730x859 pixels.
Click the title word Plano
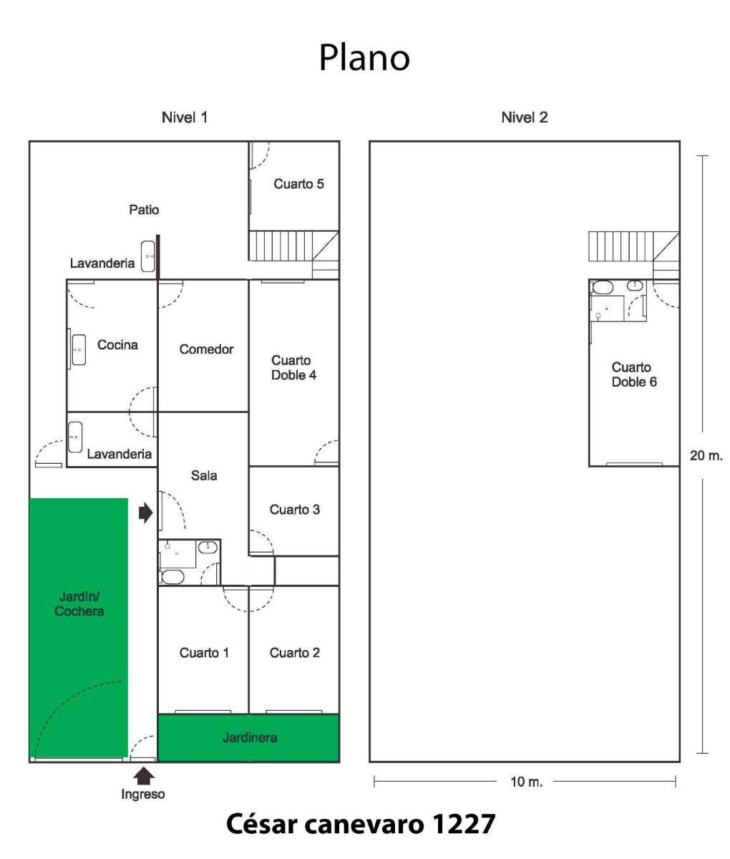coord(364,58)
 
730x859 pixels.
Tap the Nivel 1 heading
coord(185,117)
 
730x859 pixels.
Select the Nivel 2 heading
coord(524,117)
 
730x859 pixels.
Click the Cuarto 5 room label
coord(298,184)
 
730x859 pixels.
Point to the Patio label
coord(144,210)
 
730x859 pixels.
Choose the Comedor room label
coord(206,349)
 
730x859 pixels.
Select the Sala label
coord(204,475)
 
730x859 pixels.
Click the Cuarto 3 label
coord(294,510)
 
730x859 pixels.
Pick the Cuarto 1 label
coord(204,653)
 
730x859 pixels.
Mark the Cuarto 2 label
coord(294,653)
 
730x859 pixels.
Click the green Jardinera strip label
coord(249,737)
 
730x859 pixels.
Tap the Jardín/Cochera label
coord(79,603)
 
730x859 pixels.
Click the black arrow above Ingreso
coord(144,775)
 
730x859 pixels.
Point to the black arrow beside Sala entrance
coord(145,512)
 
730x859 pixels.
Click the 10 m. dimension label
coord(526,782)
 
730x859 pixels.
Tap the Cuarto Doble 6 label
coord(633,374)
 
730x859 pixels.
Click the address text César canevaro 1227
coord(361,824)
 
